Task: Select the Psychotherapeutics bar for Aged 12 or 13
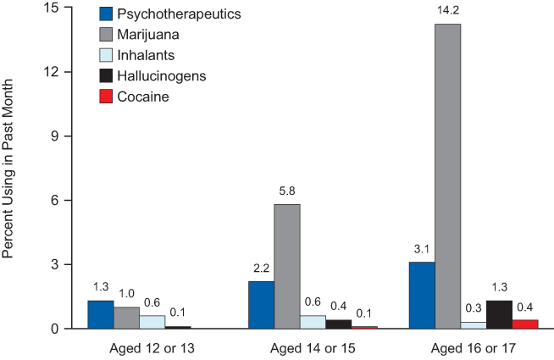click(x=100, y=314)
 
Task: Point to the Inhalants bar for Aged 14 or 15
click(x=313, y=322)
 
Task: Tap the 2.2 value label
click(x=261, y=269)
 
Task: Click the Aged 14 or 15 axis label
click(x=313, y=349)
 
